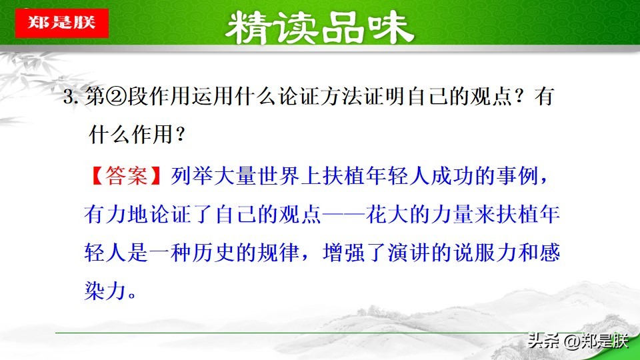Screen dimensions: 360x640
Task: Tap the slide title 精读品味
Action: coord(319,28)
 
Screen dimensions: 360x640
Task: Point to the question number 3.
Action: coord(68,99)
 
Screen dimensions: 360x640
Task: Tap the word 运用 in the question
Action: coord(213,99)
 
